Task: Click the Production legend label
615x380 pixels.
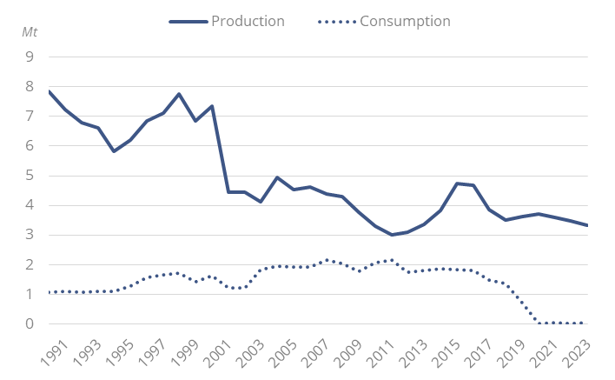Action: coord(248,21)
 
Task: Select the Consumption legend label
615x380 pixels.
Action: coord(405,21)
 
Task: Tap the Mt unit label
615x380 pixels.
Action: coord(30,32)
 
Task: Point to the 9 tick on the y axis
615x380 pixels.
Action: coord(30,57)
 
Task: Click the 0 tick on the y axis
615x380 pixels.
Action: coord(30,324)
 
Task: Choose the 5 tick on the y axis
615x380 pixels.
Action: coord(30,176)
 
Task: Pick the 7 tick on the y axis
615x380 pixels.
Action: coord(30,117)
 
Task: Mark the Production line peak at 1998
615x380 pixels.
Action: coord(178,94)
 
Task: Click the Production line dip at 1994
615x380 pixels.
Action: coord(113,151)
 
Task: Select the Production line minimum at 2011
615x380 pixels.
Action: coord(392,235)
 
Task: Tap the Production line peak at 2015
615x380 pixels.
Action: coord(457,183)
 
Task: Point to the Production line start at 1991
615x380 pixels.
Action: coord(50,91)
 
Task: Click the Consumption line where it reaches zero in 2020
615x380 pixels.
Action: coord(539,323)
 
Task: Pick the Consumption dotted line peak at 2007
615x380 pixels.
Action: coord(326,260)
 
